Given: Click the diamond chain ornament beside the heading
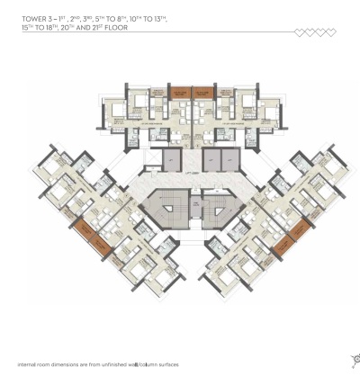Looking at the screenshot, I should (x=316, y=32).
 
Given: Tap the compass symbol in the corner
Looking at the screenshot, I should (x=354, y=361).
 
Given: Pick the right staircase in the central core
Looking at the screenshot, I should (x=216, y=210).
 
